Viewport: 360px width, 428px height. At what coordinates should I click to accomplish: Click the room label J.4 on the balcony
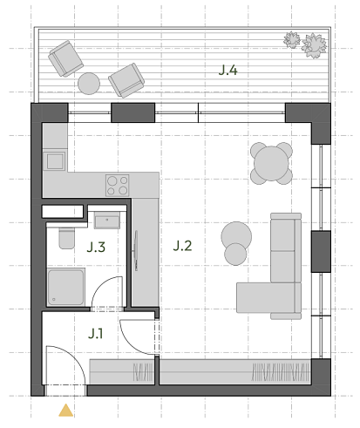pos(228,71)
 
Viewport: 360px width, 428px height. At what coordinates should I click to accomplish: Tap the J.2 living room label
pos(182,246)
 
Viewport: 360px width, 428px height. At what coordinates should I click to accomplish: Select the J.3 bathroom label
pos(96,248)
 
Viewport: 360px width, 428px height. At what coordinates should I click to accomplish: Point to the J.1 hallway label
pos(95,334)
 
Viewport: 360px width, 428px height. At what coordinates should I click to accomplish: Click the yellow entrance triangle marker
pos(66,411)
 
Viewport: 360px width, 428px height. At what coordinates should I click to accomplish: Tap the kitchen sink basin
pos(55,161)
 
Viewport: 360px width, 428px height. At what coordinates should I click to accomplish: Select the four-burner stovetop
pos(118,186)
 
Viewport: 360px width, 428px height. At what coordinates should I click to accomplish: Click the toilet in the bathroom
pos(67,238)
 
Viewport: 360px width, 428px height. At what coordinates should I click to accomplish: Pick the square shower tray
pos(65,287)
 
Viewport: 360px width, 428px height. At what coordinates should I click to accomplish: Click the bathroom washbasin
pos(107,221)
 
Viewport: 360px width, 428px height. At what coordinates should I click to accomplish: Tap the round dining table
pos(271,164)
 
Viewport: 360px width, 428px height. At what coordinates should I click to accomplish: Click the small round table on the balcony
pos(89,84)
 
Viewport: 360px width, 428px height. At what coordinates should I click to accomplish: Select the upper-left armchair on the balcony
pos(66,58)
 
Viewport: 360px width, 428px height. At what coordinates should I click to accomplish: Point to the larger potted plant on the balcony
pos(314,46)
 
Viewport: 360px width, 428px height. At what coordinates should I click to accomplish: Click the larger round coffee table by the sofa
pos(236,237)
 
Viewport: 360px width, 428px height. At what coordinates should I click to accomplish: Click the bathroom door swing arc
pos(103,285)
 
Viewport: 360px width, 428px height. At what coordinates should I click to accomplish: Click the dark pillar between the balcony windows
pos(133,112)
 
